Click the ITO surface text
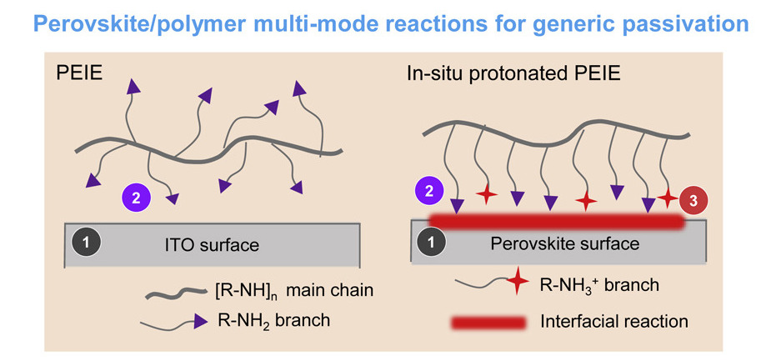(212, 243)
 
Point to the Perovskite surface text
(565, 243)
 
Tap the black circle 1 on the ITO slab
(87, 241)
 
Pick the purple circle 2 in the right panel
(428, 191)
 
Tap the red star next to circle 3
(667, 198)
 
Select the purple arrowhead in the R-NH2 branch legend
(200, 321)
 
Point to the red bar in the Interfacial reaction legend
(488, 323)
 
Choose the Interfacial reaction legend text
(614, 322)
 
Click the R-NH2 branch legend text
(274, 320)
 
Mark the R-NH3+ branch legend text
(600, 285)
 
